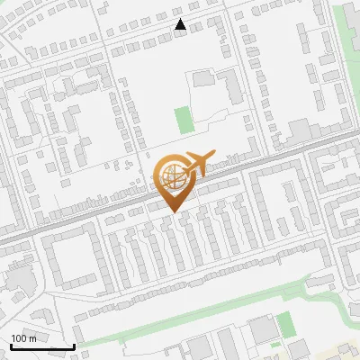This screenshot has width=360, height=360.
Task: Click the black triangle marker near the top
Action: pyautogui.click(x=181, y=24)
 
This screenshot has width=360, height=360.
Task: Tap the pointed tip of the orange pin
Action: pyautogui.click(x=175, y=212)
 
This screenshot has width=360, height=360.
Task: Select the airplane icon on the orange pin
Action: pyautogui.click(x=201, y=163)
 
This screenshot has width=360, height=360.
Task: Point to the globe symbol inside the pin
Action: pyautogui.click(x=171, y=175)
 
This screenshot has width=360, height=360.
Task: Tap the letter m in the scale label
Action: pyautogui.click(x=33, y=337)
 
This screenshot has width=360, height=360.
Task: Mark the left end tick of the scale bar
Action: pyautogui.click(x=10, y=346)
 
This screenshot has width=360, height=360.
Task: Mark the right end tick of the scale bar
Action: pyautogui.click(x=74, y=346)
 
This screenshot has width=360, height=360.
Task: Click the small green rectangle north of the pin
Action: pyautogui.click(x=184, y=118)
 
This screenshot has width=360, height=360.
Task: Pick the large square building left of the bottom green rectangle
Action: pyautogui.click(x=261, y=329)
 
